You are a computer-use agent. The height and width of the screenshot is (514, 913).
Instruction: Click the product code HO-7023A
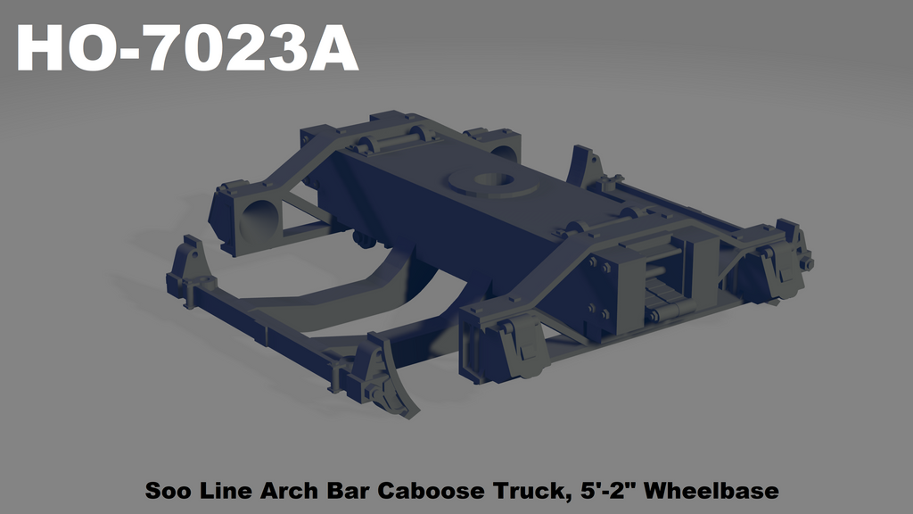(x=187, y=49)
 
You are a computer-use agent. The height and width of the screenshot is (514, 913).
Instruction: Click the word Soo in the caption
(x=165, y=491)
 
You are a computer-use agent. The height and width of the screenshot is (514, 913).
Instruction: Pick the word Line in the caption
(x=226, y=491)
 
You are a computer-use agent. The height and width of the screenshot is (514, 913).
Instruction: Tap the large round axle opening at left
(x=258, y=219)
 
